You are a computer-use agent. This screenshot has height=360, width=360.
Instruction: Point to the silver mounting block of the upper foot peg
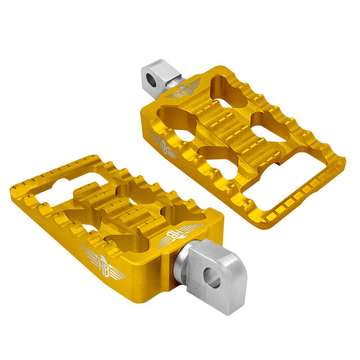[158, 78]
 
